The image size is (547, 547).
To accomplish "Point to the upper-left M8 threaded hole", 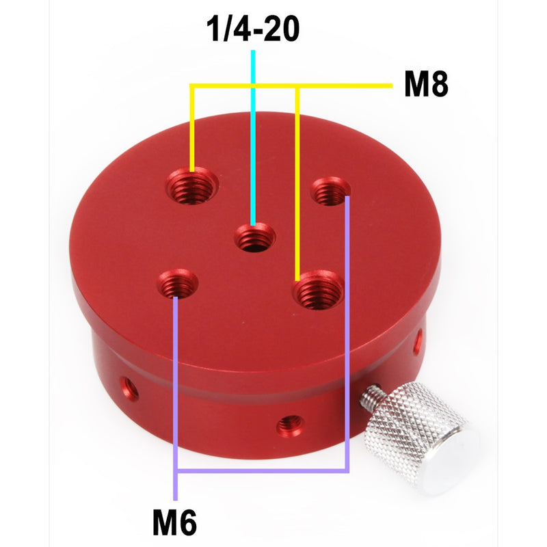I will point(194,186).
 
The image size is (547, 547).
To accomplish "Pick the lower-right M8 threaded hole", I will point(318,291).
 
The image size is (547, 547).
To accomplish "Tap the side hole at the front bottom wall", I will point(289,426).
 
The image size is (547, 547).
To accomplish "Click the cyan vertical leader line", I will point(254,137).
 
